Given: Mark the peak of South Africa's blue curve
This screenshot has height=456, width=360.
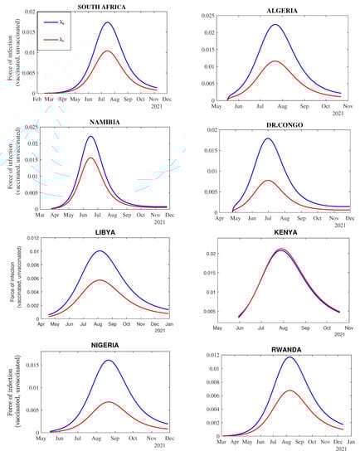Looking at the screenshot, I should point(109,22).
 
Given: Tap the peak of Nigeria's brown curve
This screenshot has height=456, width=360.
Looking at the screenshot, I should point(111,402).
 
